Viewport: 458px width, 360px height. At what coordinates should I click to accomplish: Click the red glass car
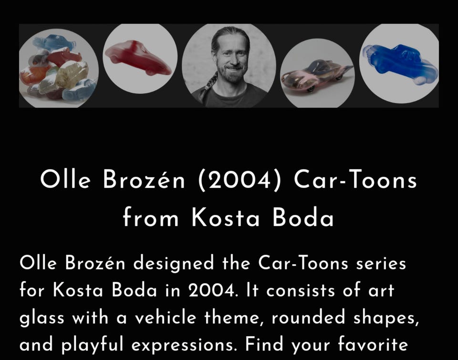point(138,58)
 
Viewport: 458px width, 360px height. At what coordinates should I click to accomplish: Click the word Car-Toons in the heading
point(355,179)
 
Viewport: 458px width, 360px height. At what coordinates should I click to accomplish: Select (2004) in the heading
point(240,180)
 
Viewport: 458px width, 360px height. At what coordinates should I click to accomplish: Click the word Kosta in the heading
point(226,217)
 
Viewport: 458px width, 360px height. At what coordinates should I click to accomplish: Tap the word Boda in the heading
point(303,217)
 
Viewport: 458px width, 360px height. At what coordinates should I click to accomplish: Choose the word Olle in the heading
point(65,179)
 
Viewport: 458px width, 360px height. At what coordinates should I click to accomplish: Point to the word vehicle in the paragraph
point(165,318)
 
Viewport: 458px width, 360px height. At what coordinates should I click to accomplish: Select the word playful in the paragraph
point(92,345)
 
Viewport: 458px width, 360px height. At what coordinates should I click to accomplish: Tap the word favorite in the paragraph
point(373,345)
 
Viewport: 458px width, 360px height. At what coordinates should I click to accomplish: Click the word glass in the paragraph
point(42,318)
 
